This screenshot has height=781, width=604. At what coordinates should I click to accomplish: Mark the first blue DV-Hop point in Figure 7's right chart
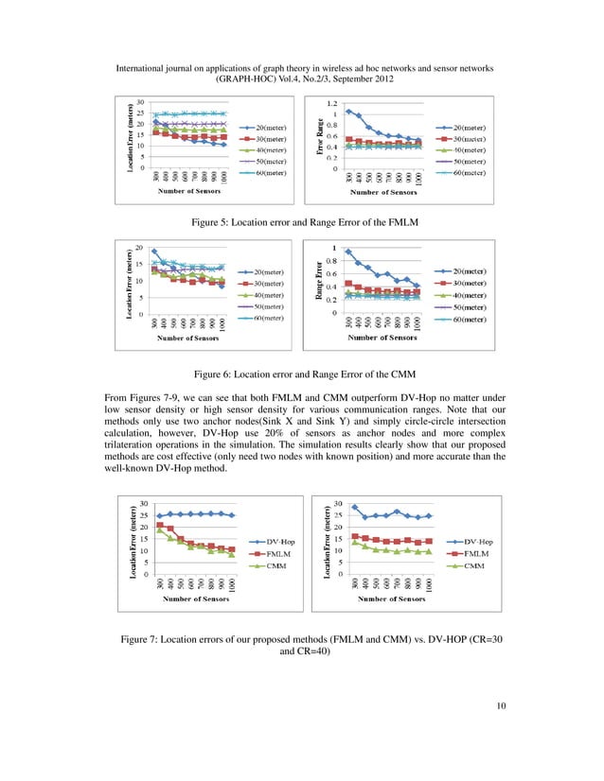(x=354, y=507)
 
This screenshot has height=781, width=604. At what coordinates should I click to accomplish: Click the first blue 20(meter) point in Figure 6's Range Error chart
(x=348, y=252)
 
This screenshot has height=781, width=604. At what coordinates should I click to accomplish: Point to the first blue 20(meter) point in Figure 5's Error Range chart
(x=348, y=112)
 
